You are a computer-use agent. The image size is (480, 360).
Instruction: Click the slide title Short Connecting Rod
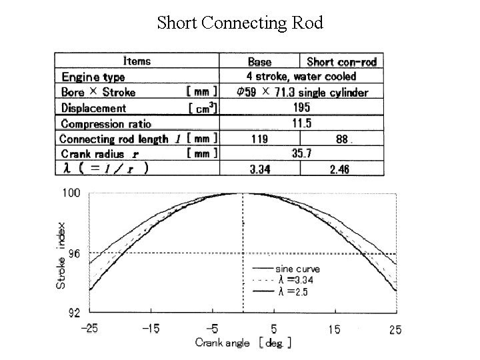click(x=240, y=23)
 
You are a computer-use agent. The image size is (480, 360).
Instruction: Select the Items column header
click(x=137, y=61)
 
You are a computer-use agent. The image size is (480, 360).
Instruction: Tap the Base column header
click(x=259, y=62)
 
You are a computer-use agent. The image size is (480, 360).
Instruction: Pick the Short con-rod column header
click(x=342, y=62)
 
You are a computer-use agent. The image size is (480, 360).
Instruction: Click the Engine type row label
click(x=93, y=77)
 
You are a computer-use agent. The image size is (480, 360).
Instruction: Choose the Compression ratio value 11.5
click(x=302, y=123)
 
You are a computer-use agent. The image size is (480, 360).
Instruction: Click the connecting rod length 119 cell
click(x=259, y=139)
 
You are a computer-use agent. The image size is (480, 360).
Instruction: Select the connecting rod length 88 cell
click(x=342, y=139)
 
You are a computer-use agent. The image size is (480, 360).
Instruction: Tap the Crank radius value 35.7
click(x=302, y=154)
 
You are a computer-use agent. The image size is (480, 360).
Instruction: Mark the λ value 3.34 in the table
click(x=259, y=169)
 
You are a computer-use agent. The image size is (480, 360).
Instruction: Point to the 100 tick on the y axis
click(x=71, y=193)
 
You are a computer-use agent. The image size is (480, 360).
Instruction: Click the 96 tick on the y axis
click(x=74, y=253)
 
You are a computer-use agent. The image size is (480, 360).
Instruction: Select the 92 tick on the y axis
click(x=74, y=311)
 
